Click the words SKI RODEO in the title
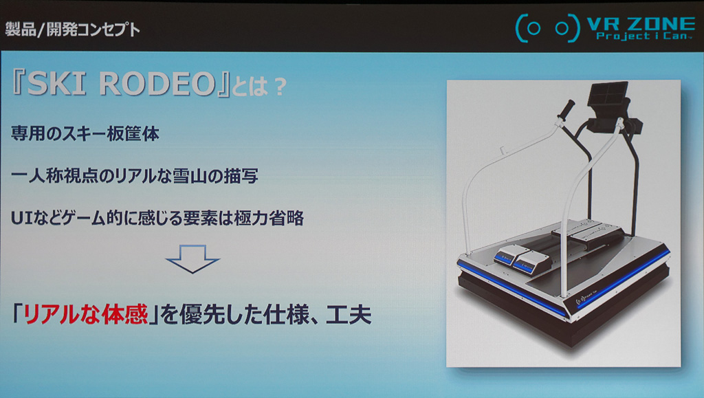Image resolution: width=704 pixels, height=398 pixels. (121, 84)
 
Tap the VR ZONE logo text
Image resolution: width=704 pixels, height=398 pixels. (641, 23)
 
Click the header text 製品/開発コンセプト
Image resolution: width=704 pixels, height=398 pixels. (72, 30)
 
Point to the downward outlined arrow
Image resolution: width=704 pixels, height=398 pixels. (192, 259)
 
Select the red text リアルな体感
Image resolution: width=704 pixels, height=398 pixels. (86, 315)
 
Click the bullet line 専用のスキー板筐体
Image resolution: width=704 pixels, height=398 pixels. (85, 133)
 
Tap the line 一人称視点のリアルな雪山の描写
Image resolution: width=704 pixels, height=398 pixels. (134, 176)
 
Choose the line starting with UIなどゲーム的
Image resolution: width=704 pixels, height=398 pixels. (157, 218)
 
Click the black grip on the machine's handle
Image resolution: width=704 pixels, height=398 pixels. (566, 109)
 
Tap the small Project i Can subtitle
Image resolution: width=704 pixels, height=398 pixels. (642, 36)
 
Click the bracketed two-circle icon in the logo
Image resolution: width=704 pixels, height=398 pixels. (548, 28)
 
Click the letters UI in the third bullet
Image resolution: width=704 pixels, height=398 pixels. (20, 219)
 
